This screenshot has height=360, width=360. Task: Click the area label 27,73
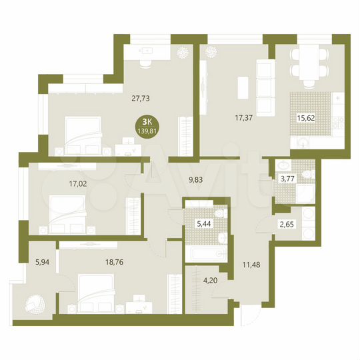(141, 97)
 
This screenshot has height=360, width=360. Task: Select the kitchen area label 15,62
(306, 118)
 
